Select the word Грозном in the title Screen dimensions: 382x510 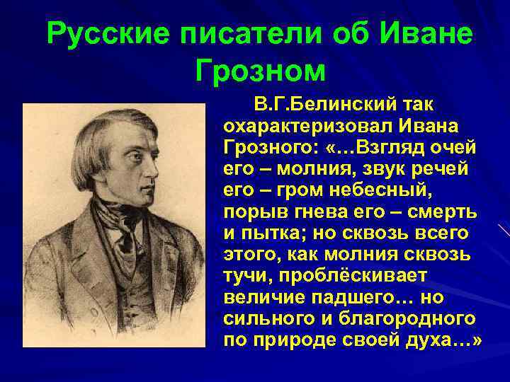tap(260, 71)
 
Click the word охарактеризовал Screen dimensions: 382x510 tap(314, 127)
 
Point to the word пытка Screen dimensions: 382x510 tap(272, 233)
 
